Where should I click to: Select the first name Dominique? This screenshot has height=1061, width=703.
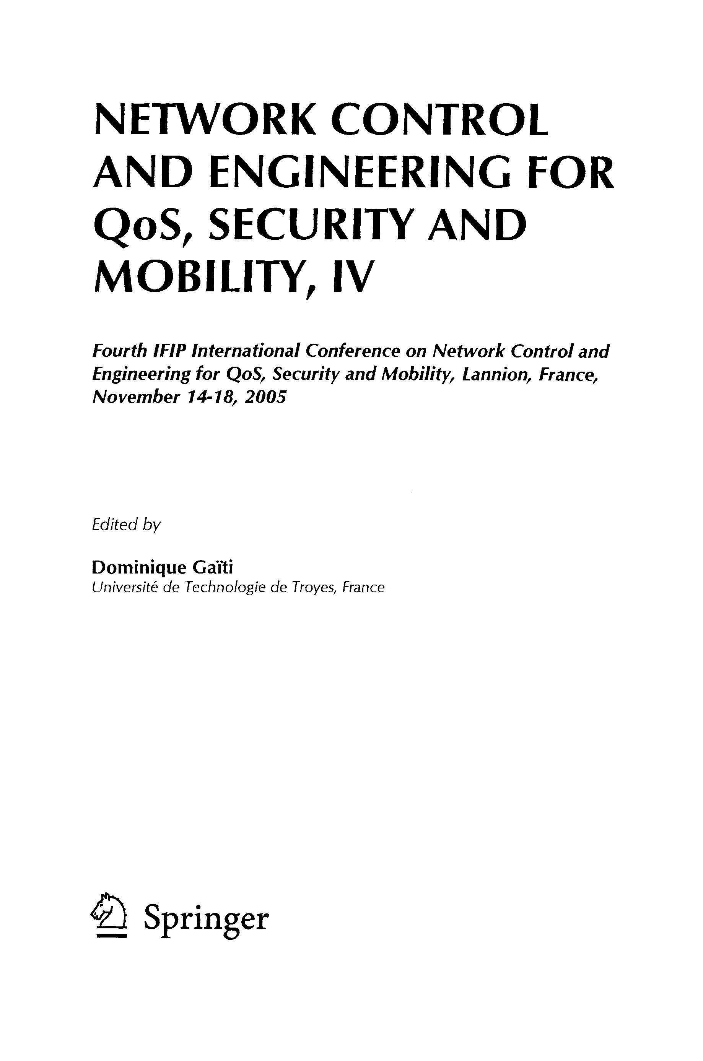(138, 568)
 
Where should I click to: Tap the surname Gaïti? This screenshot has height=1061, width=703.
(213, 568)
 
